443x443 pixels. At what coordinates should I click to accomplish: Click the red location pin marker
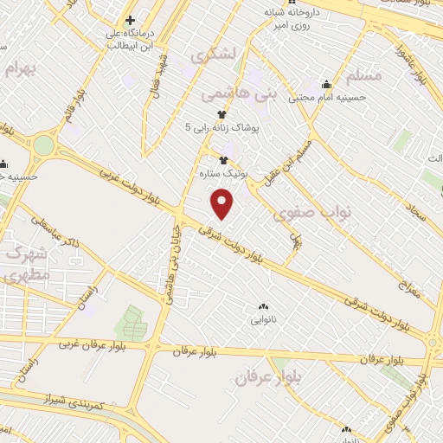(224, 203)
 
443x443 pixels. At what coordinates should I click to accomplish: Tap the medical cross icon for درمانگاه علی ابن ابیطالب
(130, 20)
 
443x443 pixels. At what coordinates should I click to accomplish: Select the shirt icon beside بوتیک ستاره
(224, 160)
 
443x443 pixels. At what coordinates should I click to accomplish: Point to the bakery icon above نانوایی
(263, 306)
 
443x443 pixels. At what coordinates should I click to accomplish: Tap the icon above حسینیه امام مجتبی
(326, 85)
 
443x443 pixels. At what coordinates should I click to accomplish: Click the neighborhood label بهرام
(22, 69)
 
